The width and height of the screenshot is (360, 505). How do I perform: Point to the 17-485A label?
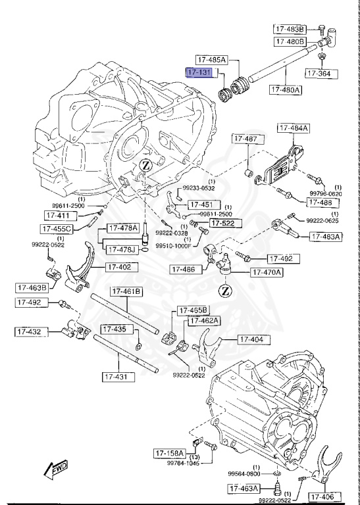pyautogui.click(x=210, y=60)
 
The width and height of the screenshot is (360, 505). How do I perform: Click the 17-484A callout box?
pyautogui.click(x=292, y=128)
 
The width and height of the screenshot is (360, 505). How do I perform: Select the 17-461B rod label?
pyautogui.click(x=125, y=292)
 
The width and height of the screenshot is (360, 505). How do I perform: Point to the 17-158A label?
pyautogui.click(x=170, y=453)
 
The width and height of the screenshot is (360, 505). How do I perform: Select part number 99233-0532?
pyautogui.click(x=199, y=187)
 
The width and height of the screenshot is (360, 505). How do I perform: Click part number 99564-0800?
pyautogui.click(x=245, y=473)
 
